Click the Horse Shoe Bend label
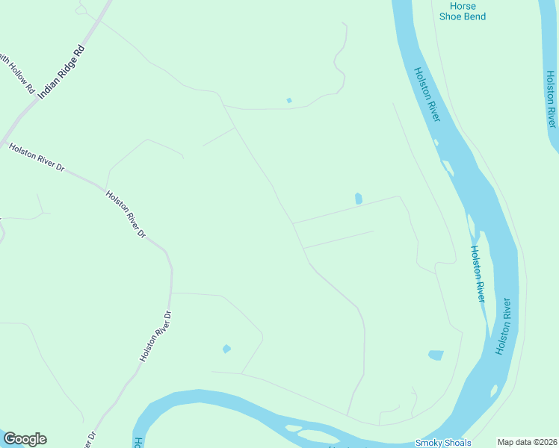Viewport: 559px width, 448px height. (463, 11)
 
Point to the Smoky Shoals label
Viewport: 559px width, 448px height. (443, 443)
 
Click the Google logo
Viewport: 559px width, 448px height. (25, 439)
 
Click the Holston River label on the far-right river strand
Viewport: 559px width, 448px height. (552, 99)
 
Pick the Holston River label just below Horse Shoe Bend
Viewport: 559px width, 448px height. (428, 96)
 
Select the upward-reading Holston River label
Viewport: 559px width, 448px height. (504, 326)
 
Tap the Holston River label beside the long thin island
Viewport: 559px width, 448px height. (476, 273)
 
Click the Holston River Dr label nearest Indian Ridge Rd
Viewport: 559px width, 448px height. (37, 158)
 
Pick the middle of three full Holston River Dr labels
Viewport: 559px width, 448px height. (126, 214)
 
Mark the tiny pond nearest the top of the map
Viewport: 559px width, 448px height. (289, 100)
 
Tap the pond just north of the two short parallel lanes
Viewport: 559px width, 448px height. (359, 199)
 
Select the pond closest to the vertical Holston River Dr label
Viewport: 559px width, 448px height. (226, 349)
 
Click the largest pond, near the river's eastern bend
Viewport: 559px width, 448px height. (436, 355)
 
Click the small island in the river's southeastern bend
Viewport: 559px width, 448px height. (493, 390)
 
